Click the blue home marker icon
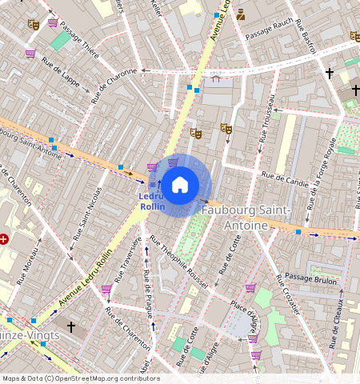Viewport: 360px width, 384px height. pos(180,185)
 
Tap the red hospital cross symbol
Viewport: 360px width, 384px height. pos(5,238)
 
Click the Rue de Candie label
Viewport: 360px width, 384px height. pos(285,175)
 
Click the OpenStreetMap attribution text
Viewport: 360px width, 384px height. pos(80,378)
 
